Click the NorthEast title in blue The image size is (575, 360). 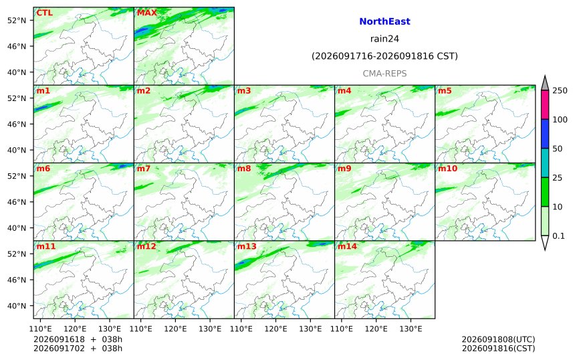tap(384, 21)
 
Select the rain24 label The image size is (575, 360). tap(384, 39)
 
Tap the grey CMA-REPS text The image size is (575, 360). tap(384, 74)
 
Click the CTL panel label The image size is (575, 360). tap(44, 13)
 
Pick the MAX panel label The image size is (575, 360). tap(146, 13)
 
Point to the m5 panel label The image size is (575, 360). tap(445, 90)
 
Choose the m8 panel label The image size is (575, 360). tap(244, 169)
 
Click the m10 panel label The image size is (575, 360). tap(447, 169)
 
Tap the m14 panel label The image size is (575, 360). tap(347, 246)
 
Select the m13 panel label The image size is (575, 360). tap(247, 246)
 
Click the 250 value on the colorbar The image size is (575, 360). tap(560, 90)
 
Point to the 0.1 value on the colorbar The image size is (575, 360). tap(558, 236)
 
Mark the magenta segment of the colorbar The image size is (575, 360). tap(545, 104)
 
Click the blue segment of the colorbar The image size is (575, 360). tap(545, 134)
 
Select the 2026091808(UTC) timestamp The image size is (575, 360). tap(498, 339)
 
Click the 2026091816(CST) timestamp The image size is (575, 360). tap(498, 348)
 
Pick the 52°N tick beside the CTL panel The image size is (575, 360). tap(17, 21)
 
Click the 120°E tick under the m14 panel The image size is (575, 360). tap(376, 329)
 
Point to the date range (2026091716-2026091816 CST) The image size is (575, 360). tap(384, 56)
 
